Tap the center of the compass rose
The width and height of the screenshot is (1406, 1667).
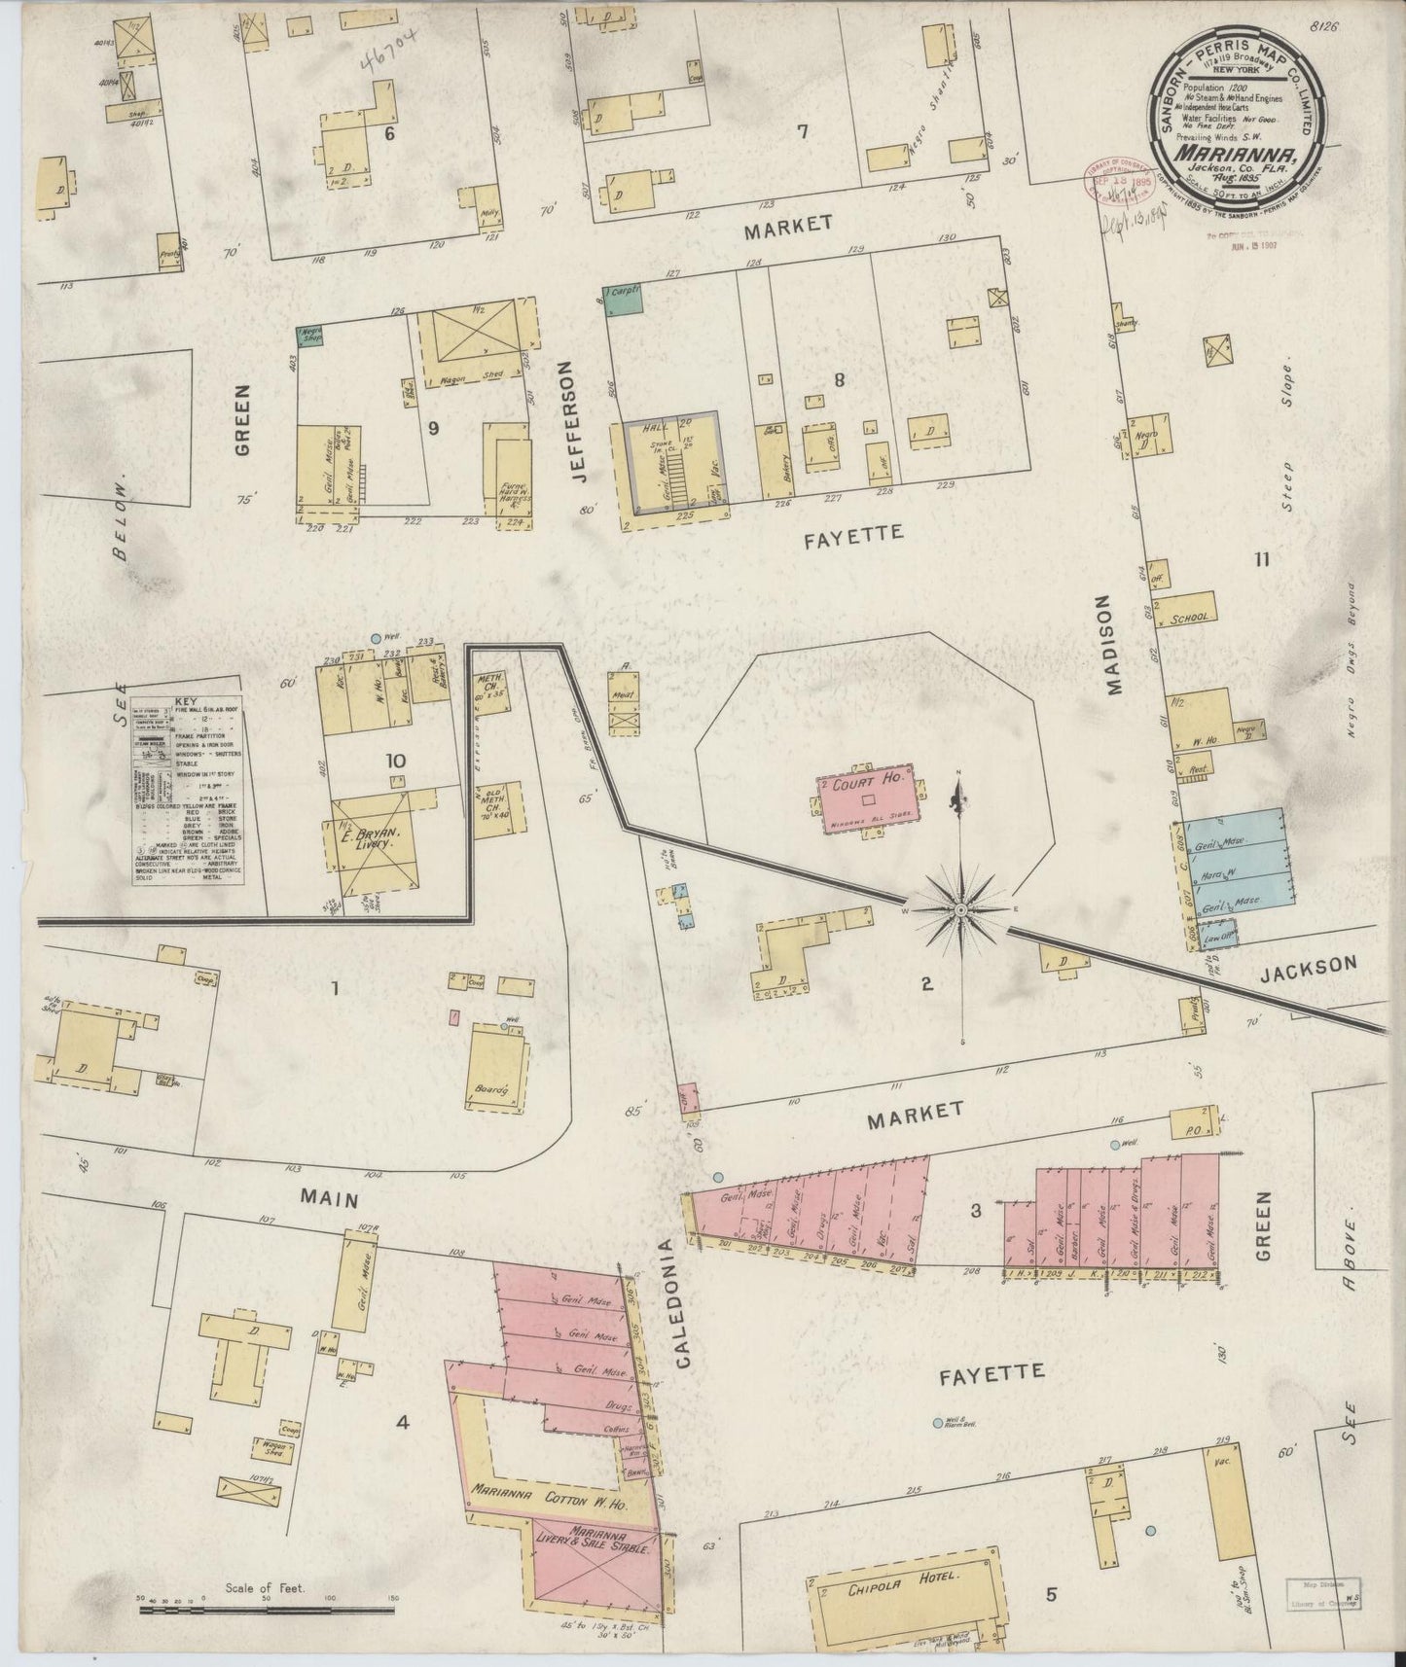pos(960,909)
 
